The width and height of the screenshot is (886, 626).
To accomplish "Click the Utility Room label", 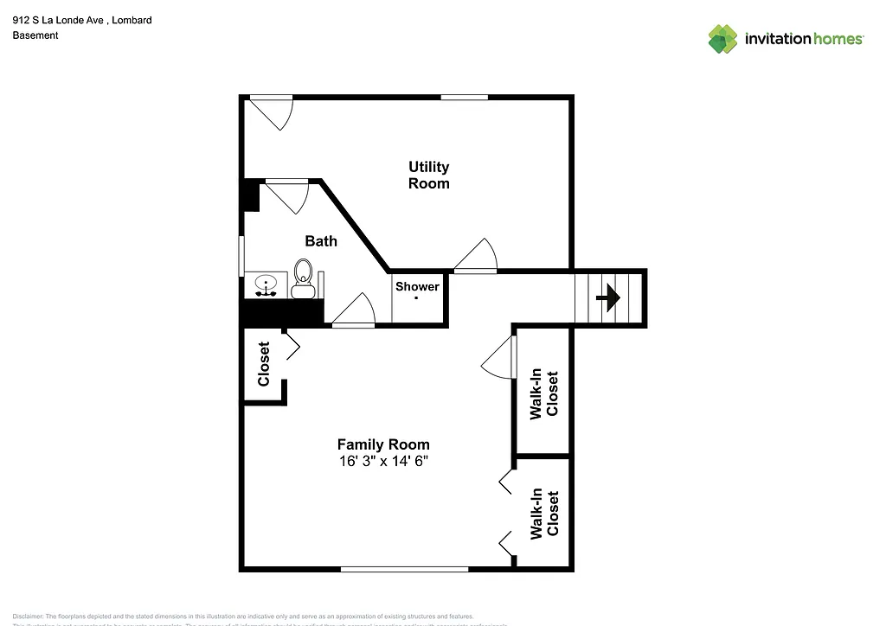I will (x=429, y=175).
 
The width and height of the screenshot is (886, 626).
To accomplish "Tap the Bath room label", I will (x=321, y=241).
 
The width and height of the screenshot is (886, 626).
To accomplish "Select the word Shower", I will (x=417, y=286).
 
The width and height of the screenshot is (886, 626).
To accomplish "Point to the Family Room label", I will (x=383, y=444).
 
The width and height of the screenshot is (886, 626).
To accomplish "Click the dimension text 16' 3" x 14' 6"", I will (x=383, y=462).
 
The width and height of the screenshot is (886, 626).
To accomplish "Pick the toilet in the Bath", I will (x=303, y=277).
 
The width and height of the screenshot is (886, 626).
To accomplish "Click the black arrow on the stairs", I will (x=609, y=298).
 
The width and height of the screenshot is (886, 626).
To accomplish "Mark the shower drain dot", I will (x=417, y=297).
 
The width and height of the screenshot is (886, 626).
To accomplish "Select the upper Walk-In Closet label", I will (x=544, y=395).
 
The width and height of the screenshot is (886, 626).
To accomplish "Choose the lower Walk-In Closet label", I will (x=544, y=514).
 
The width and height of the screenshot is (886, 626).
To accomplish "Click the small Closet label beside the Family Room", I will (x=264, y=364).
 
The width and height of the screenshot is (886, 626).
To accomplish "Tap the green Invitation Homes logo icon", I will (x=722, y=39).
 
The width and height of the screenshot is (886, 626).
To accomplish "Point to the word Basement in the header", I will (x=35, y=35).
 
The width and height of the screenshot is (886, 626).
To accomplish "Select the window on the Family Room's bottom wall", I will (x=404, y=569).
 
